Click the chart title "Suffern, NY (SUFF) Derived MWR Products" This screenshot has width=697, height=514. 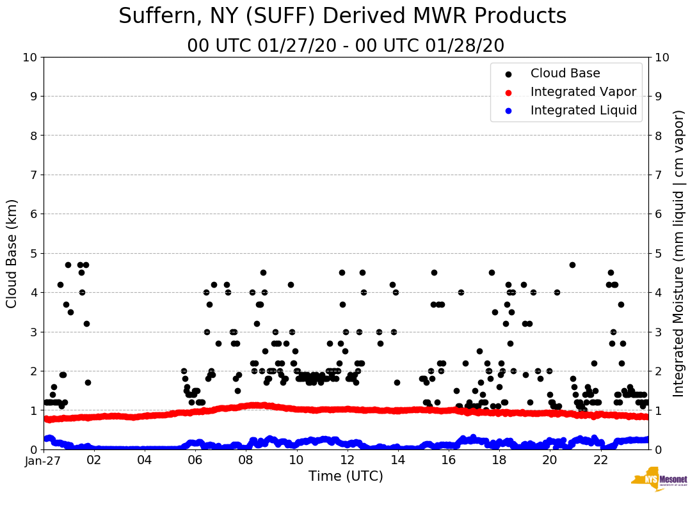point(342,16)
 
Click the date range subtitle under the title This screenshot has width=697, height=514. point(346,46)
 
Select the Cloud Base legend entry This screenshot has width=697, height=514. point(565,74)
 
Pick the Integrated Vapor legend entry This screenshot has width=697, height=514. point(583,92)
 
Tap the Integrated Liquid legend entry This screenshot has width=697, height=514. point(583,111)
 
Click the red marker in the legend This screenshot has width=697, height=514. point(508,92)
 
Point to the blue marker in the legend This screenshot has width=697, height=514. point(508,111)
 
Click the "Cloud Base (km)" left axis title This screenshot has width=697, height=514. point(12,253)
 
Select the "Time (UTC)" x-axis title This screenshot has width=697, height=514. point(346,476)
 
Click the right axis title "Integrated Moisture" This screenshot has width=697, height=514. point(679,253)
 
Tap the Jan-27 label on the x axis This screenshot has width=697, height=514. point(44,460)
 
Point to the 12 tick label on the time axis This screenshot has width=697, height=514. point(347,460)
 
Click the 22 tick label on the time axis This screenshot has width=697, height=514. point(600,460)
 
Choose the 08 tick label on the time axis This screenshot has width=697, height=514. point(246,460)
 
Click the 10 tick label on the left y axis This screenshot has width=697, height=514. point(29,58)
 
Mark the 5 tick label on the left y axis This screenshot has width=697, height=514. point(33,253)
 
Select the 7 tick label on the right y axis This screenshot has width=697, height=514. point(657,175)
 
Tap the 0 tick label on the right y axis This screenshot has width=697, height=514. point(657,449)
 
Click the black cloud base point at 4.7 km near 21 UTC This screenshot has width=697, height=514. point(572,265)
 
